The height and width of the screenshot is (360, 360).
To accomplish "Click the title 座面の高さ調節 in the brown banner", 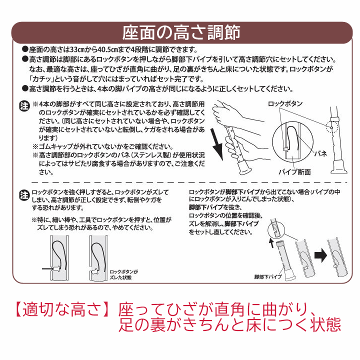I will [180, 33].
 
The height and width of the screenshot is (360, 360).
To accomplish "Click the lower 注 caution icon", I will [24, 194].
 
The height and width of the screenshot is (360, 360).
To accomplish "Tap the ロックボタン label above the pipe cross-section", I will [285, 103].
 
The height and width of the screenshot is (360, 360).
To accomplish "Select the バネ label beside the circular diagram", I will [320, 154].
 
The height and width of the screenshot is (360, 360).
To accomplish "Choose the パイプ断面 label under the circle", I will [294, 172].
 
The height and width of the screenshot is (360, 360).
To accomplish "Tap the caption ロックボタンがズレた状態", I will [123, 274].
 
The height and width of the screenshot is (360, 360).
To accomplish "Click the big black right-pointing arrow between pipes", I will [318, 254].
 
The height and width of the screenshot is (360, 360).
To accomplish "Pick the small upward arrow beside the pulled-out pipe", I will [271, 243].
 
